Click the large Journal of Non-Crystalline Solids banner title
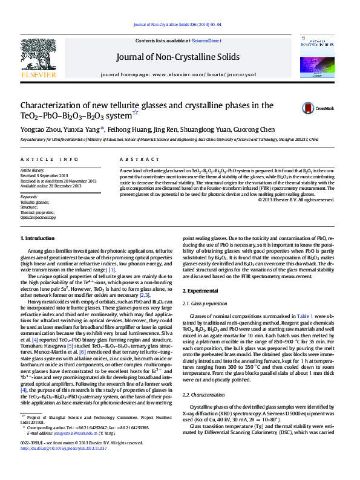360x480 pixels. point(180,58)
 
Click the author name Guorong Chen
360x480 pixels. point(258,129)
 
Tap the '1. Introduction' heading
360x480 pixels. point(38,239)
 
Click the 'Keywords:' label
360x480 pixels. point(29,197)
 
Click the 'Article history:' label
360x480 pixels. point(33,171)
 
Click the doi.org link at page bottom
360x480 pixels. point(64,465)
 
